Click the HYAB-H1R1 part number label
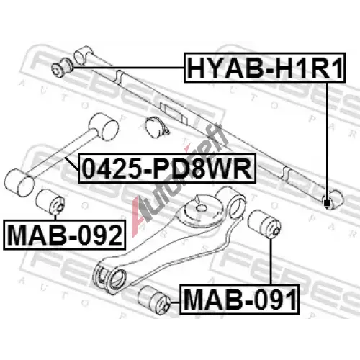pyautogui.click(x=264, y=68)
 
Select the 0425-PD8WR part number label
pyautogui.click(x=167, y=168)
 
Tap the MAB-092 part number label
pyautogui.click(x=65, y=235)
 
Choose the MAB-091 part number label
pyautogui.click(x=240, y=300)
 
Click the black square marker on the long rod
pyautogui.click(x=326, y=203)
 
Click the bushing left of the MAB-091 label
pyautogui.click(x=155, y=300)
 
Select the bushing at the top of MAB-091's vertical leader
pyautogui.click(x=265, y=224)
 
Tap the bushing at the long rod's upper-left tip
pyautogui.click(x=62, y=67)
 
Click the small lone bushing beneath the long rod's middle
pyautogui.click(x=157, y=127)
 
